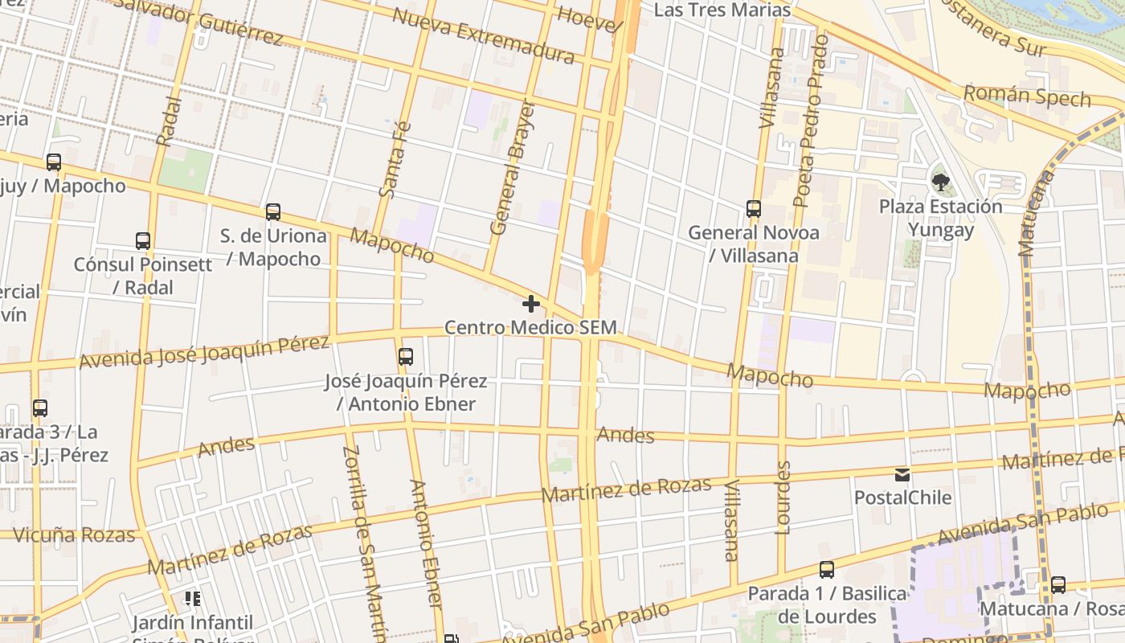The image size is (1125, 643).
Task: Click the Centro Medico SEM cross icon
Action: point(530,304)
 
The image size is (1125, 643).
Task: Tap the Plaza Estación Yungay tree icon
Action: point(939,182)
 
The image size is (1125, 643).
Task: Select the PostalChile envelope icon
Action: point(902,474)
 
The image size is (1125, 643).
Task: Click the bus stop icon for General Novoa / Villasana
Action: point(753,209)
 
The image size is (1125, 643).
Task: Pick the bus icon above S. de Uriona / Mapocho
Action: point(273,212)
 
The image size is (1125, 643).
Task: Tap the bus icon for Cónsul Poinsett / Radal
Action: point(143,240)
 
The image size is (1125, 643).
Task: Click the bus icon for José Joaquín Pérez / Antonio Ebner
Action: point(406,356)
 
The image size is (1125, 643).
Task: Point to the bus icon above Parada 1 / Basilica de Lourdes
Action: point(826,570)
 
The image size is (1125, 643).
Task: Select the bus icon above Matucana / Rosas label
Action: point(1058,584)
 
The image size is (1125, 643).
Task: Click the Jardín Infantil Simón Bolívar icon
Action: point(192,598)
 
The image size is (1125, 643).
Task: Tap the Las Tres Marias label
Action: point(722,10)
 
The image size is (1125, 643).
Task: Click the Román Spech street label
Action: point(1026,96)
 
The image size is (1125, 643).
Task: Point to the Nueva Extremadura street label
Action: point(483,36)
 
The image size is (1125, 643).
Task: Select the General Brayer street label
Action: point(512,168)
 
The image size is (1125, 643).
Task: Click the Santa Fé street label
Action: point(394,159)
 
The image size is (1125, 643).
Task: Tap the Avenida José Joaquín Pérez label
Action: point(204,352)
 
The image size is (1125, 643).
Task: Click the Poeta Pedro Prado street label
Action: point(810,121)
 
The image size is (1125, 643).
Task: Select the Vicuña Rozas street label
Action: point(73,534)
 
